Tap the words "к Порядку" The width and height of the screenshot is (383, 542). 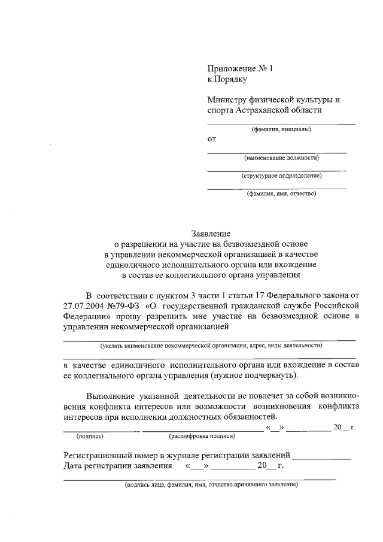227,79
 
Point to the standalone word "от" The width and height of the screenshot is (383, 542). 211,140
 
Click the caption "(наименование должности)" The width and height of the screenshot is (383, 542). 281,158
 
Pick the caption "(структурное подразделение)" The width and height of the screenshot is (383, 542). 281,176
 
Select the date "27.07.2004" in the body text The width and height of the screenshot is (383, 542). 84,305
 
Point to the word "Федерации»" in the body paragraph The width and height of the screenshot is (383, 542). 86,316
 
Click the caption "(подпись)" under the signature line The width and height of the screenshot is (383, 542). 90,436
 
